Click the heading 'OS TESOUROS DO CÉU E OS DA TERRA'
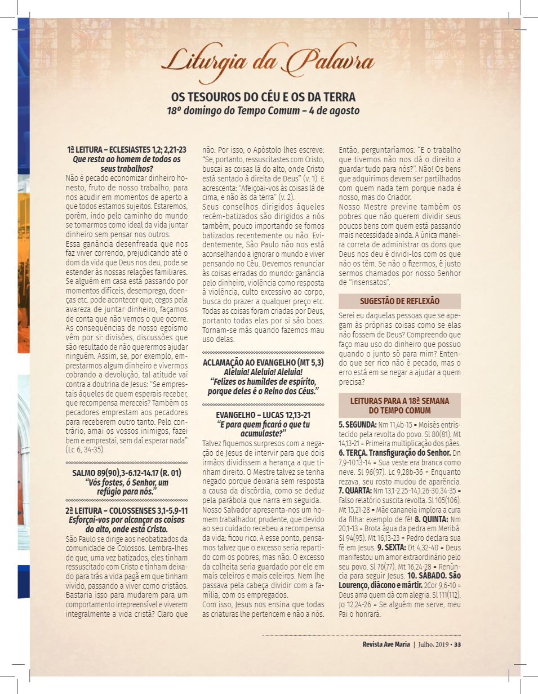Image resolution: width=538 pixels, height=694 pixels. [263, 97]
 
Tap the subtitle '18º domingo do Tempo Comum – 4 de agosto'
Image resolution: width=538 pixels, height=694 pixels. [263, 110]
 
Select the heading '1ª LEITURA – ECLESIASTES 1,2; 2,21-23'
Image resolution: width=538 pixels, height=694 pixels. [127, 150]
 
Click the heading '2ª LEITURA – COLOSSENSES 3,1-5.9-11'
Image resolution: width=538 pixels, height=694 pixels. [127, 511]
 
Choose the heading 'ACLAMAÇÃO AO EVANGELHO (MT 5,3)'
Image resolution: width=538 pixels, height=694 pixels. [263, 362]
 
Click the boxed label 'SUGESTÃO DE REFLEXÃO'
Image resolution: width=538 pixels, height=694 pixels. [399, 301]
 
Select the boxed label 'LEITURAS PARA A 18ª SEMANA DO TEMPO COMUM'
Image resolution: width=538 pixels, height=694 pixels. [399, 406]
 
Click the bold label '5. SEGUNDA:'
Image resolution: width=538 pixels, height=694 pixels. [358, 424]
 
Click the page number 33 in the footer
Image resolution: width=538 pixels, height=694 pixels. [457, 644]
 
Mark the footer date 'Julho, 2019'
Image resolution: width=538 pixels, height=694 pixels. [434, 644]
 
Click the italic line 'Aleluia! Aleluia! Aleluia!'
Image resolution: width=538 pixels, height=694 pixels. [263, 372]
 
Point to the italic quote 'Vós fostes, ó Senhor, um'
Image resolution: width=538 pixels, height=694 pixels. [127, 483]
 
